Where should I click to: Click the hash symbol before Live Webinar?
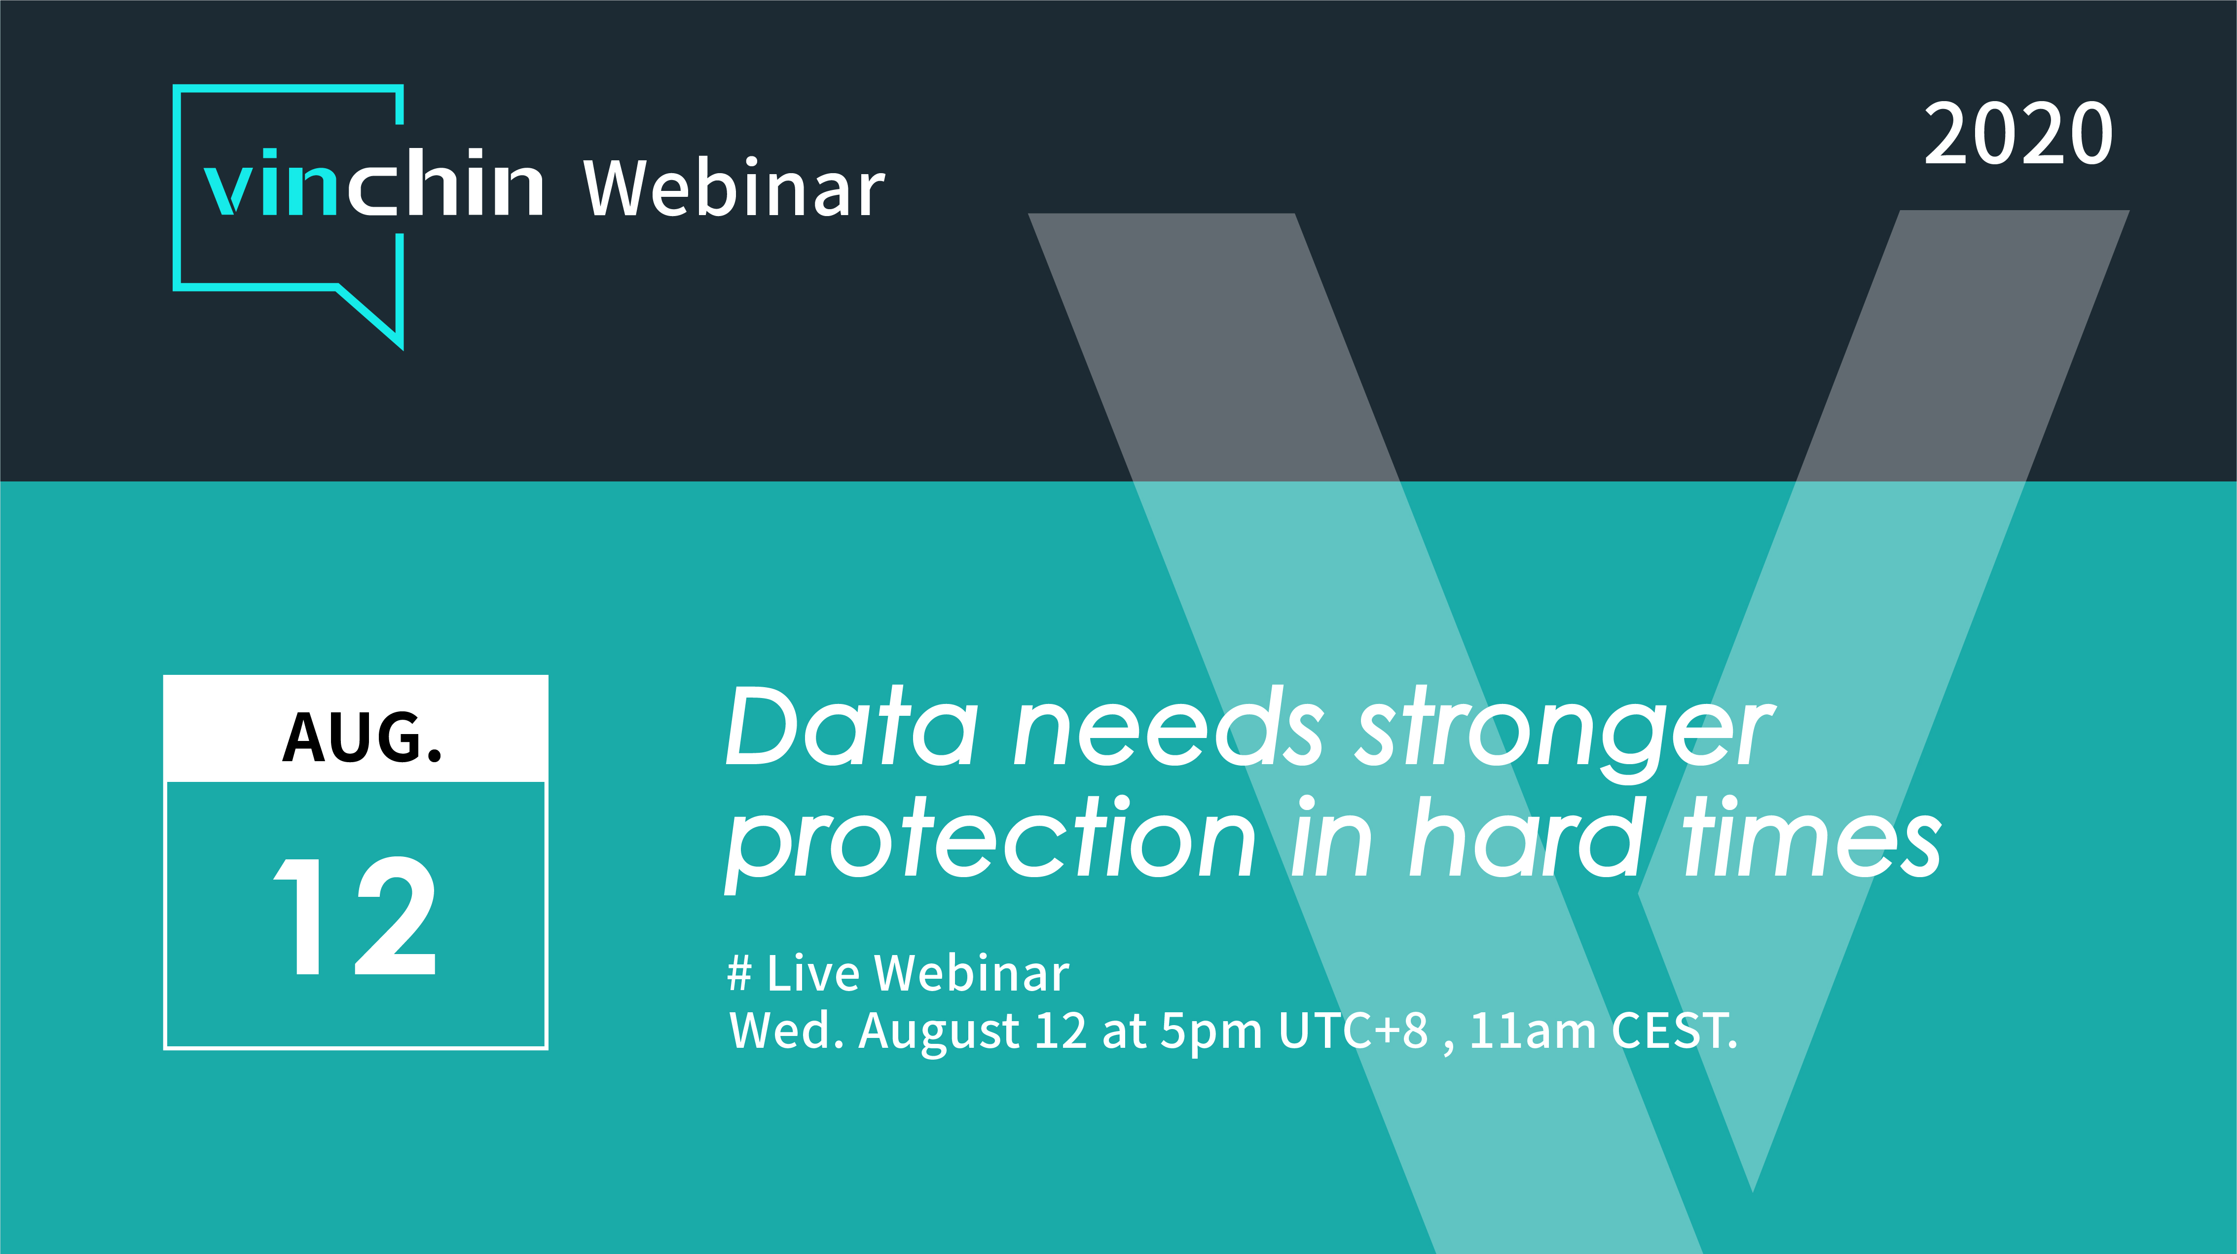coord(739,973)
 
